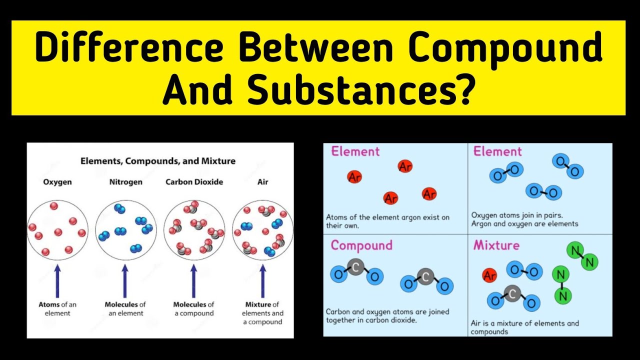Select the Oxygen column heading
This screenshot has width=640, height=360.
[x=57, y=182]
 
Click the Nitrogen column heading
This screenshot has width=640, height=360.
[x=125, y=182]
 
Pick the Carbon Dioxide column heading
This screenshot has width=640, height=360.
[x=194, y=182]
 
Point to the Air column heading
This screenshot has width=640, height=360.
[x=262, y=182]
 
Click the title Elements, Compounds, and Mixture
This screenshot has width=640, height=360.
[x=158, y=161]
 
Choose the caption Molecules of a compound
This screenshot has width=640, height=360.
[x=193, y=308]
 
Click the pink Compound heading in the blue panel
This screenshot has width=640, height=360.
[x=361, y=245]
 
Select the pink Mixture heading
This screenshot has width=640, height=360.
[x=496, y=245]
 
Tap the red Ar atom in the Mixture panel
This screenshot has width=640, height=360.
[x=489, y=275]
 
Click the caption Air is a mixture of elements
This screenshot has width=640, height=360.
[x=524, y=327]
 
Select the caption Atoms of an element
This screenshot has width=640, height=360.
[x=57, y=308]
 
